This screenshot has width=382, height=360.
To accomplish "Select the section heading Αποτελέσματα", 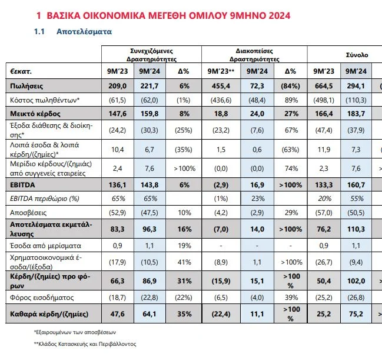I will point(84,31).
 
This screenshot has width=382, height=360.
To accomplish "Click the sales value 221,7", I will point(150,86).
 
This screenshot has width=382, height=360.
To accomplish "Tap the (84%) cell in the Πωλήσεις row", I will point(290,86).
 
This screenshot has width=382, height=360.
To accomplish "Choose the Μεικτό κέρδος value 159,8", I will point(150,113).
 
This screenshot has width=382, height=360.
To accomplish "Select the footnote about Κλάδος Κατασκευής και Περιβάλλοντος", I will point(85,343).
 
